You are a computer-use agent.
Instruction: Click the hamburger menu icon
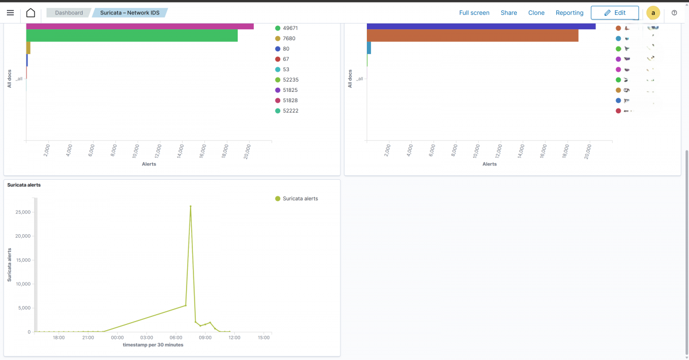(x=10, y=13)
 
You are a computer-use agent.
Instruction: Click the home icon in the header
(x=30, y=13)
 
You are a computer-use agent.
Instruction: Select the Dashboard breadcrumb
(x=68, y=13)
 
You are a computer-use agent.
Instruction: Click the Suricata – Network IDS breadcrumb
(x=130, y=13)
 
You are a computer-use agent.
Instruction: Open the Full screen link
(x=474, y=13)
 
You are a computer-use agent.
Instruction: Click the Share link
(x=509, y=13)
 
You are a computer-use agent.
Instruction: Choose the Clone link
(x=536, y=13)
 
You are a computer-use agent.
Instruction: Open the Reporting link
(x=570, y=13)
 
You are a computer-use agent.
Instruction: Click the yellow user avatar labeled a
(x=653, y=13)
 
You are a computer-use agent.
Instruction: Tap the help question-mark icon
(x=674, y=13)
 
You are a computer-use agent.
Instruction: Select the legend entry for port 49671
(x=290, y=28)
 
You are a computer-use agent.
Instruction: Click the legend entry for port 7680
(x=289, y=38)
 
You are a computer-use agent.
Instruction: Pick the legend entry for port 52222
(x=290, y=111)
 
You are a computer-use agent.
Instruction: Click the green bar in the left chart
(x=132, y=36)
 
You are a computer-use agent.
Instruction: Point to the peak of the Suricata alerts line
(x=191, y=206)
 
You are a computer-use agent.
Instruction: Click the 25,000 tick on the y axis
(x=22, y=212)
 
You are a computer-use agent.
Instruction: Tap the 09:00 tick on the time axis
(x=205, y=338)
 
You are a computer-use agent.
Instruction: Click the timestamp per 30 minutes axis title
(x=153, y=345)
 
